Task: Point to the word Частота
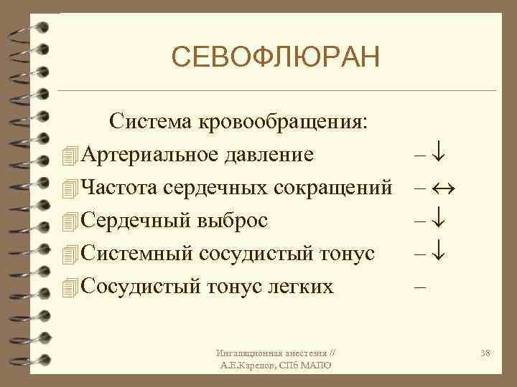pos(119,187)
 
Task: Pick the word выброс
pos(233,220)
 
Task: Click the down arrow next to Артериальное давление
pos(442,154)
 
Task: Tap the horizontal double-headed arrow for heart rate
pos(445,188)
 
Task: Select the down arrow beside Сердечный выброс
pos(442,220)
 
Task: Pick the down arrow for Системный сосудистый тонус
pos(442,253)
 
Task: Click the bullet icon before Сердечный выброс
pos(69,221)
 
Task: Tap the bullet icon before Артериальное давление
pos(69,155)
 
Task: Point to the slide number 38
pos(484,353)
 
